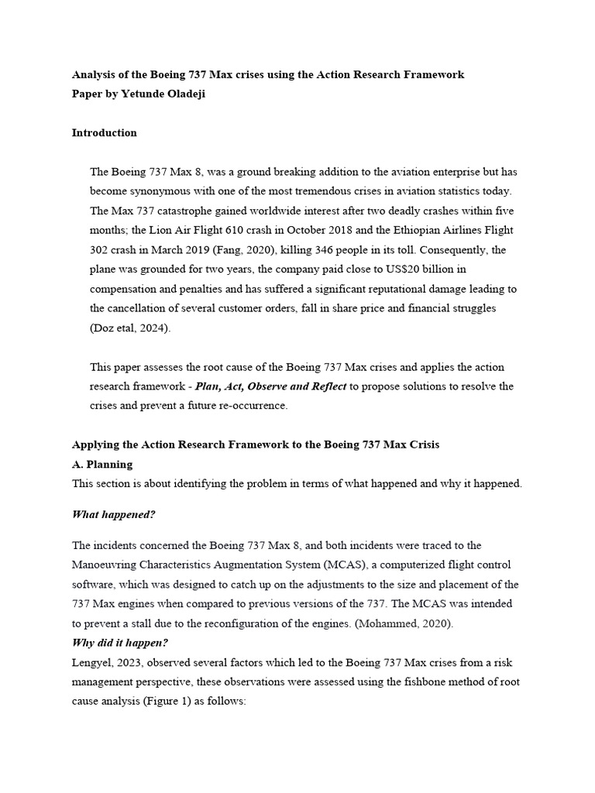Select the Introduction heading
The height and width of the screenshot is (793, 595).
[105, 132]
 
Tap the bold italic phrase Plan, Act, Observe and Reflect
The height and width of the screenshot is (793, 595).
[271, 386]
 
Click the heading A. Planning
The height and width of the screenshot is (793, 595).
[102, 465]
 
